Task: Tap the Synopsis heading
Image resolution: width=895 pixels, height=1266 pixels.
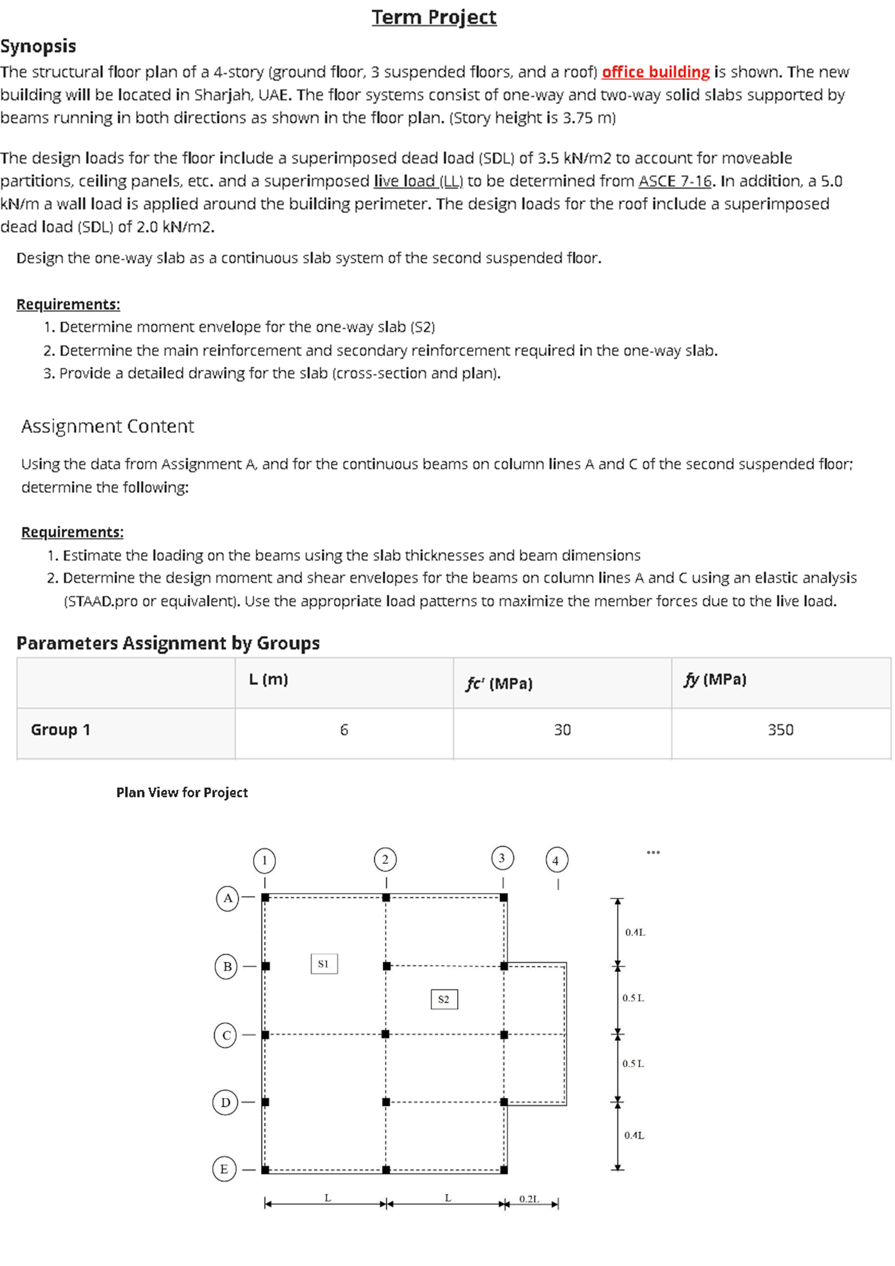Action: tap(38, 46)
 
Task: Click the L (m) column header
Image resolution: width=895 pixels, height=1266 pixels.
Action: tap(268, 679)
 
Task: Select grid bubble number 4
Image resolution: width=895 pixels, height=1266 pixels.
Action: tap(556, 860)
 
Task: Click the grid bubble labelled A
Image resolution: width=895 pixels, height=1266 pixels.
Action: tap(228, 898)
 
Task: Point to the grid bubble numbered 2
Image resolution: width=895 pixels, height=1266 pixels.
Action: tap(385, 859)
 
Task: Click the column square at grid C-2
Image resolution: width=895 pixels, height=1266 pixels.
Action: tap(385, 1034)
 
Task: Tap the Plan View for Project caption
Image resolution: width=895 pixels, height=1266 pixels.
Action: tap(182, 793)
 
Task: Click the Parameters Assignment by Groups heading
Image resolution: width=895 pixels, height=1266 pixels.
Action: tap(168, 643)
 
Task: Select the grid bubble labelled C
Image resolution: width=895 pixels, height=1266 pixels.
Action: tap(226, 1035)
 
